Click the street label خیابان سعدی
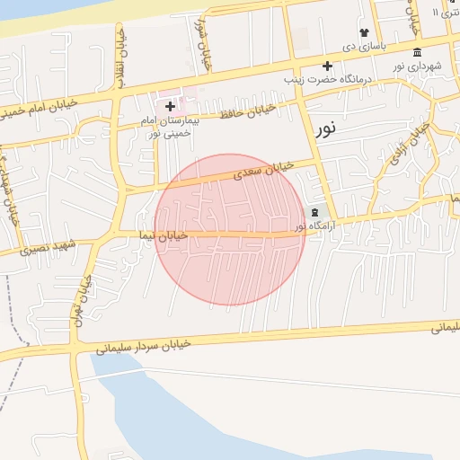pos(263,171)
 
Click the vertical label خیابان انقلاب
pos(119,63)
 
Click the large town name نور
pos(326,128)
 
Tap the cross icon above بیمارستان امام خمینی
pos(170,107)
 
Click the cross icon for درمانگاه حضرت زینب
pos(327,66)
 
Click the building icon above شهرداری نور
pos(417,52)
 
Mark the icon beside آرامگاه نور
pos(314,213)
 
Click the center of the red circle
pos(229,229)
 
